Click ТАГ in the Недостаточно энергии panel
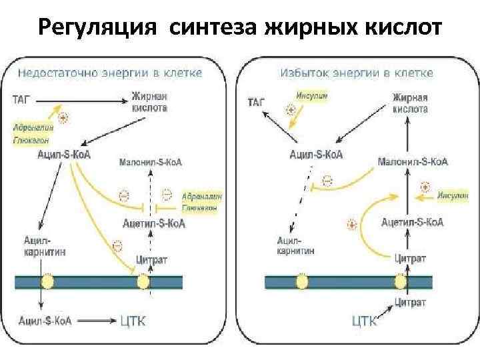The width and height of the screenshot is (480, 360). (21, 101)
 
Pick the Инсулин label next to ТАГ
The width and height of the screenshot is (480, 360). (311, 95)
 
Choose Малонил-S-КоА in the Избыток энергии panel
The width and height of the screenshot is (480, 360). (413, 161)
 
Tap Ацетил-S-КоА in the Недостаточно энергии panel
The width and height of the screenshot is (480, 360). (154, 223)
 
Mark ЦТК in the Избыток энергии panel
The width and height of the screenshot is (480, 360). (364, 321)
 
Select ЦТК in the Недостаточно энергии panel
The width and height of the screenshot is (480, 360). (133, 320)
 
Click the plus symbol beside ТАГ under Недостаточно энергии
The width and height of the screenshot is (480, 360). (63, 119)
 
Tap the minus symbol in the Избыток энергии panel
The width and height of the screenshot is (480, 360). (327, 180)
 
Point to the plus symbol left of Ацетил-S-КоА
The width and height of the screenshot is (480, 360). (351, 225)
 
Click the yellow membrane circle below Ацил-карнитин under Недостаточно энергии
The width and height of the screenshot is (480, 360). (47, 282)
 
